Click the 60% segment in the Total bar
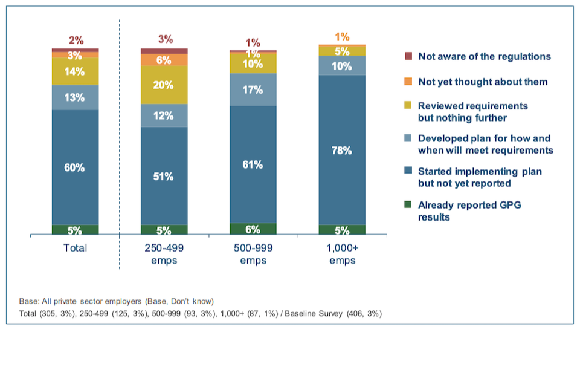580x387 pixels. (x=75, y=167)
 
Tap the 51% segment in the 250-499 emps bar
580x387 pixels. (x=164, y=176)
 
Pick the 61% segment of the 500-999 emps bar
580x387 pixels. (x=253, y=164)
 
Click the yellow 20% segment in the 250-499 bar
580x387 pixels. (x=164, y=85)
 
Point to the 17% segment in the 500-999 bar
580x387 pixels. (x=253, y=89)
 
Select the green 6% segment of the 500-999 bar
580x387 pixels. (x=253, y=229)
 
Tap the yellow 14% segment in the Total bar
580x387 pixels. (x=75, y=71)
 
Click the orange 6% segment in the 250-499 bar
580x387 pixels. (x=164, y=60)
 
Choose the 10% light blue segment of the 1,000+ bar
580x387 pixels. (x=341, y=66)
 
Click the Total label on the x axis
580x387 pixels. (x=75, y=248)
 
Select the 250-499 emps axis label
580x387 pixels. (x=164, y=254)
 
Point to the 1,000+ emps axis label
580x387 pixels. (x=341, y=254)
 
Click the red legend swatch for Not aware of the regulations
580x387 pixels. (x=408, y=56)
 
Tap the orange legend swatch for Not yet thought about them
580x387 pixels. (x=408, y=82)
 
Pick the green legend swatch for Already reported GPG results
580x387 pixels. (x=408, y=205)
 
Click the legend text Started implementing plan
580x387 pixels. (x=480, y=172)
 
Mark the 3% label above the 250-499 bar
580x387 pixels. (x=165, y=39)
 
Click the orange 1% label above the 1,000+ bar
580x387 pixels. (x=342, y=37)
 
